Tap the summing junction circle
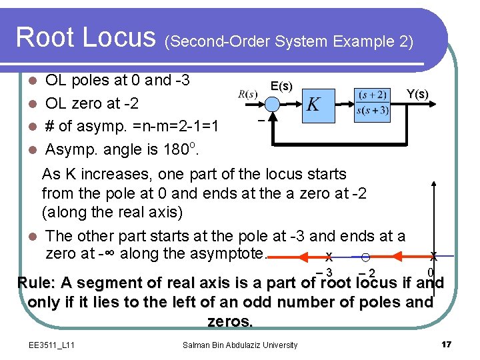[x=272, y=104]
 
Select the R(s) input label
[x=247, y=94]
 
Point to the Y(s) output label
[x=417, y=94]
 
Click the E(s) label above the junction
[x=281, y=86]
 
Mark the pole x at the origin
[x=434, y=257]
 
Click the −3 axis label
[x=325, y=273]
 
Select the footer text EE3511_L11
[x=52, y=345]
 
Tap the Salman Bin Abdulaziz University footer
[x=239, y=345]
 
